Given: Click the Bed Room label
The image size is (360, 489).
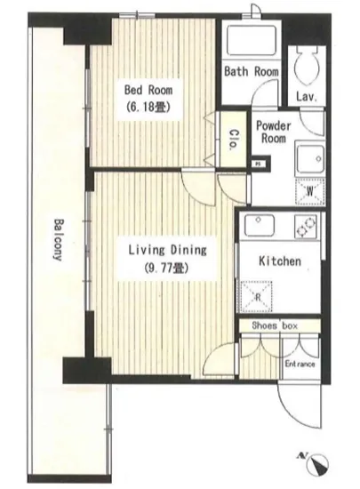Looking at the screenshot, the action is [148, 90].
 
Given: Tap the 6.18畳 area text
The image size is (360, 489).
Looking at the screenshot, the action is [148, 108].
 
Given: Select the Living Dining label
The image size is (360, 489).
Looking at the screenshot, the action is [168, 250].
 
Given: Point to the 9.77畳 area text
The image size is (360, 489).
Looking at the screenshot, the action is [167, 268].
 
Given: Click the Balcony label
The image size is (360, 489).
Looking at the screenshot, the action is [58, 239].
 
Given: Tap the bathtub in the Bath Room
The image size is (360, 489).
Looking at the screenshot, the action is [252, 41].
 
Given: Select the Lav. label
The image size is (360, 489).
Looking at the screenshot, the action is [307, 97].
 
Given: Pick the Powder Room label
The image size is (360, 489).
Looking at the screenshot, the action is [274, 132].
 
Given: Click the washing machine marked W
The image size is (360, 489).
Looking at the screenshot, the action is [310, 192].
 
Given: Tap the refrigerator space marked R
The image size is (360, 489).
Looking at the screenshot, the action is [257, 297].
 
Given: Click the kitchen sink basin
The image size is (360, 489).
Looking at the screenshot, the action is [260, 226].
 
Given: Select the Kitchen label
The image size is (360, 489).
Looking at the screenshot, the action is [280, 261].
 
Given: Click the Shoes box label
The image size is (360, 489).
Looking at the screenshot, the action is [275, 326].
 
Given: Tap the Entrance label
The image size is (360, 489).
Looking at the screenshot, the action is [300, 364].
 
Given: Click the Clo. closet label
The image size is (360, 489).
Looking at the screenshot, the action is [234, 140].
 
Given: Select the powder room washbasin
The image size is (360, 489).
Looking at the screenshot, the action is [310, 160].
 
